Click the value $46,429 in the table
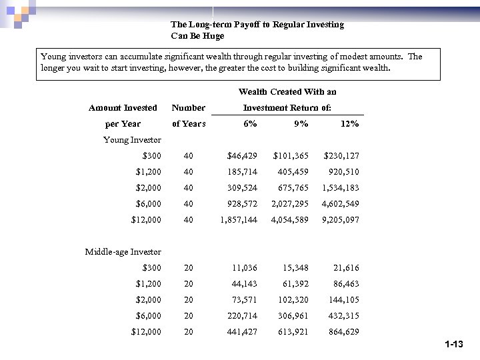[x=242, y=156]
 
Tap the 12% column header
[x=349, y=124]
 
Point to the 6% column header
[x=251, y=124]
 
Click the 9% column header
[x=301, y=124]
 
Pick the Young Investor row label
[x=132, y=140]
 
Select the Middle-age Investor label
[x=123, y=252]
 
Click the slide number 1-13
[x=453, y=345]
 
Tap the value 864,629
[x=343, y=332]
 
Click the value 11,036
[x=245, y=268]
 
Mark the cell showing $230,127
[x=341, y=156]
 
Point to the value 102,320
[x=293, y=300]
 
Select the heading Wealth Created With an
[x=287, y=92]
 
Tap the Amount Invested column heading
[x=123, y=108]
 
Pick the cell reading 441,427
[x=242, y=332]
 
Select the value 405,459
[x=293, y=172]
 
